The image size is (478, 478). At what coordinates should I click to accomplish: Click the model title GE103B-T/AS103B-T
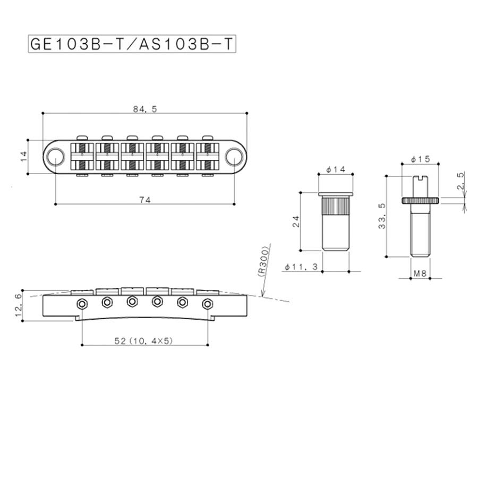[x=132, y=44]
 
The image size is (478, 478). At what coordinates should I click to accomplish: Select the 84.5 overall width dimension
[x=144, y=109]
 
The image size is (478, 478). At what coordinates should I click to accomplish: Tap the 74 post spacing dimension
[x=145, y=200]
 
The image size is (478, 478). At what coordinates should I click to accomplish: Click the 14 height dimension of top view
[x=23, y=156]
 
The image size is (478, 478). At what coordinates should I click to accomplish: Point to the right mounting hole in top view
[x=232, y=156]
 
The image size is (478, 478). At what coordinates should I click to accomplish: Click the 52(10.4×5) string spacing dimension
[x=145, y=341]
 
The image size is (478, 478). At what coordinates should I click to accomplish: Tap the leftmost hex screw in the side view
[x=82, y=304]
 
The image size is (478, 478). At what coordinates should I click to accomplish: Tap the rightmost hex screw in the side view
[x=208, y=304]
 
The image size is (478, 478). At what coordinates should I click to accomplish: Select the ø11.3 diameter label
[x=301, y=267]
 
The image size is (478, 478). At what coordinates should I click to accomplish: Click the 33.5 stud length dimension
[x=380, y=215]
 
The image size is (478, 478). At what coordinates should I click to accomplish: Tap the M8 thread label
[x=420, y=274]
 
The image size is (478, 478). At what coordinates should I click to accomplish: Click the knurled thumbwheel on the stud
[x=420, y=201]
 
